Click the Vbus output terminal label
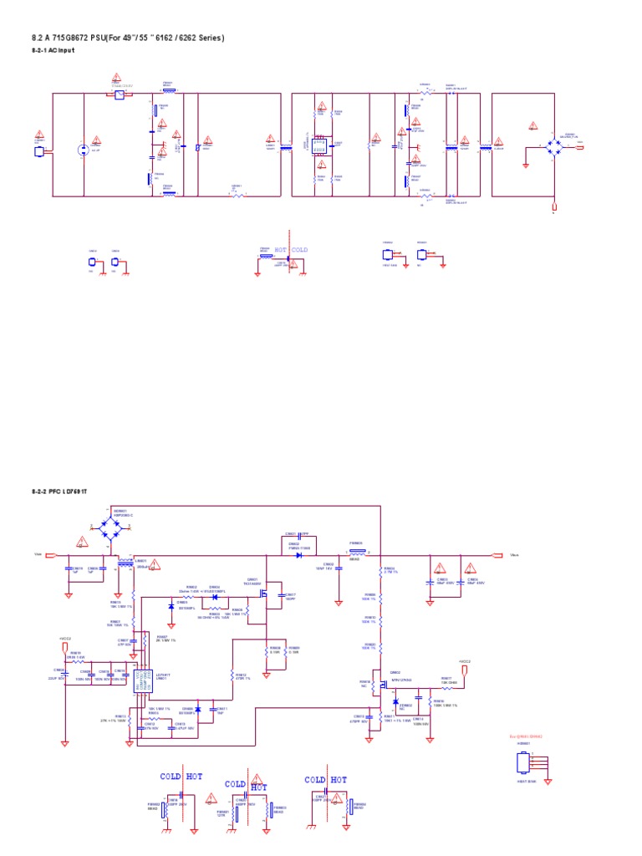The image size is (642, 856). (516, 553)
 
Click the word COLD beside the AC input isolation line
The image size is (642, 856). (299, 250)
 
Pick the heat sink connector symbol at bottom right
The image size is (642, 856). (525, 762)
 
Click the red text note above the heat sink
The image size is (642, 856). (526, 736)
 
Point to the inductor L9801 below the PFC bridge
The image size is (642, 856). (128, 565)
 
